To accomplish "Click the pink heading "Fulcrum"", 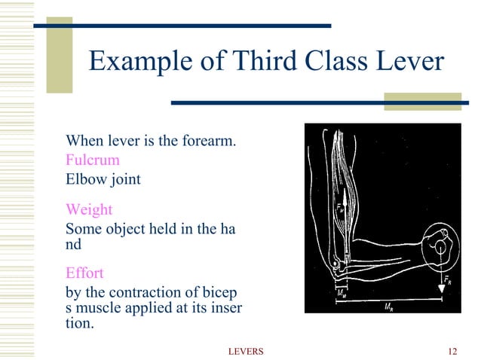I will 92,160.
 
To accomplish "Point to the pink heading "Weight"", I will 90,209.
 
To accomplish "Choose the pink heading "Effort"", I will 84,273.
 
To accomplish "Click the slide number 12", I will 452,352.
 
